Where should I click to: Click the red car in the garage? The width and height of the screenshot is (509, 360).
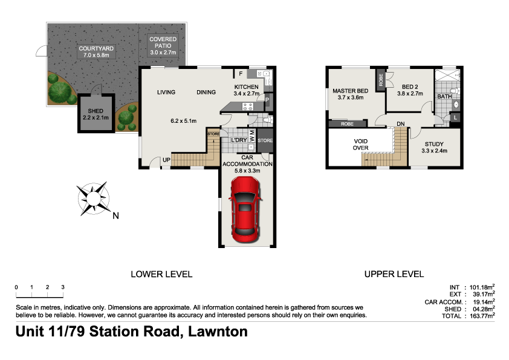point(245,214)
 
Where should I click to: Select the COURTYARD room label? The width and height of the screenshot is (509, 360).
point(96,48)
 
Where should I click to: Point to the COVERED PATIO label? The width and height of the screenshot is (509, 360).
point(163,42)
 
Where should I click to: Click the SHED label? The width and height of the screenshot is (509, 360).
point(96,110)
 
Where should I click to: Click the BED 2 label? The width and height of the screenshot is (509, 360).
point(410,87)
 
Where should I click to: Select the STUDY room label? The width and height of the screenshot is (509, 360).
point(433,143)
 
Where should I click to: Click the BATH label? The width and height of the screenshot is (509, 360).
point(444,97)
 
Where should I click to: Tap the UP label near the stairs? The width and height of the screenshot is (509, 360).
point(164,160)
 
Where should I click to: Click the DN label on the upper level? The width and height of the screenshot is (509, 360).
point(400,125)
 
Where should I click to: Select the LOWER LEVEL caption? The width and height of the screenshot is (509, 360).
point(161,274)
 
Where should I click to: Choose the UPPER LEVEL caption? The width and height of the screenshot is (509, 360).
point(394,274)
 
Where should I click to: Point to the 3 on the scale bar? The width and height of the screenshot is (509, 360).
point(62,287)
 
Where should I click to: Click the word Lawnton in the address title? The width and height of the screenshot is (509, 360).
point(218,332)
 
